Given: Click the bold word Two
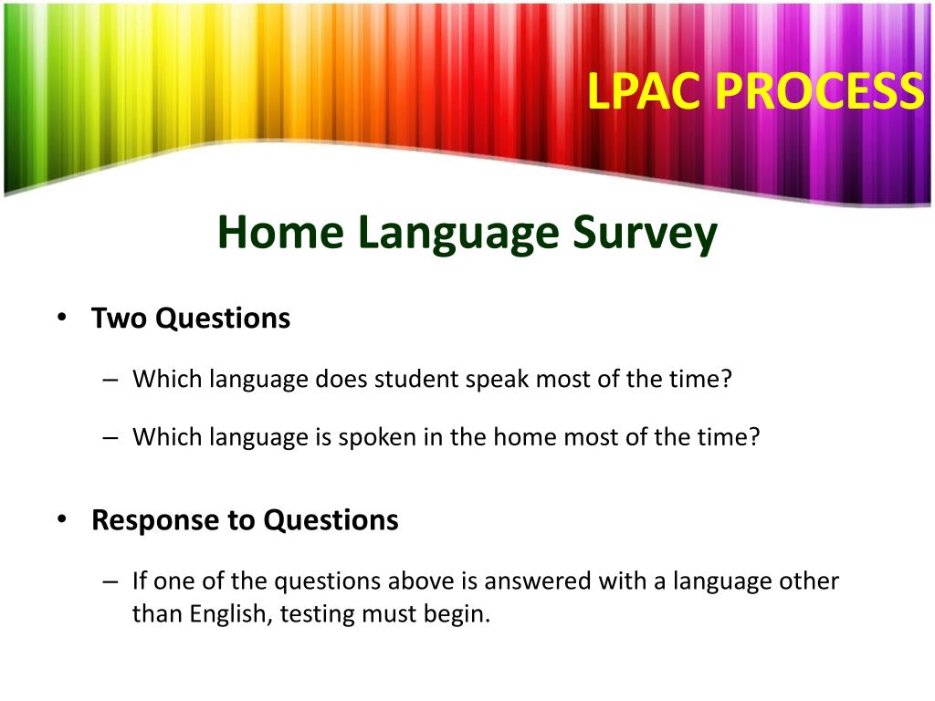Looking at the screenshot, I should click(x=120, y=319).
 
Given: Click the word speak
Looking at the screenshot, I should click(x=497, y=379).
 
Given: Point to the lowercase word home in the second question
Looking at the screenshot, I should click(x=524, y=437).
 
